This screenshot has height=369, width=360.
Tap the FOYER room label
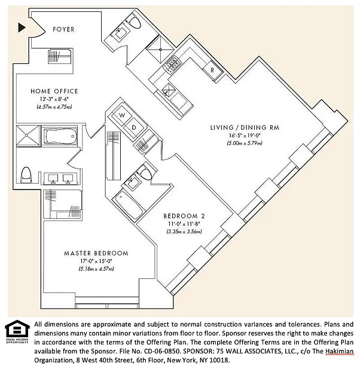63,28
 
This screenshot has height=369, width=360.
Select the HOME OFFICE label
54,91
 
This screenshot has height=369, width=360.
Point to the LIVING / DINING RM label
245,127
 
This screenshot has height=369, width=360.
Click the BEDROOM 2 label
184,216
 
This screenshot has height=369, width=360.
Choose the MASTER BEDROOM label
96,253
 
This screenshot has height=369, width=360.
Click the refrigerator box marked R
212,71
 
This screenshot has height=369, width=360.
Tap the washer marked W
121,114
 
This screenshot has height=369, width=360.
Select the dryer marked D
134,127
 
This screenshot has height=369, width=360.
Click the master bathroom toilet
26,174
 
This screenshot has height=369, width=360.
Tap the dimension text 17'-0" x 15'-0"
96,261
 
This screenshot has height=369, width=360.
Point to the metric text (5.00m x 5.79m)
245,144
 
